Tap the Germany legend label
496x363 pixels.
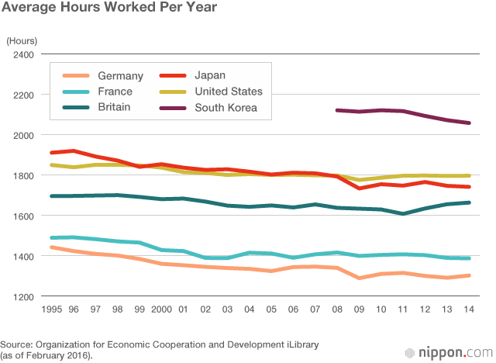click(121, 76)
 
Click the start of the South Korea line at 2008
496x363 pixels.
click(337, 110)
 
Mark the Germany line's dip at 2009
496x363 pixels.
click(359, 278)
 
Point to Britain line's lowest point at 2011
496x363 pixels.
click(403, 213)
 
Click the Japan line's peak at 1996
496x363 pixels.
click(73, 150)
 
